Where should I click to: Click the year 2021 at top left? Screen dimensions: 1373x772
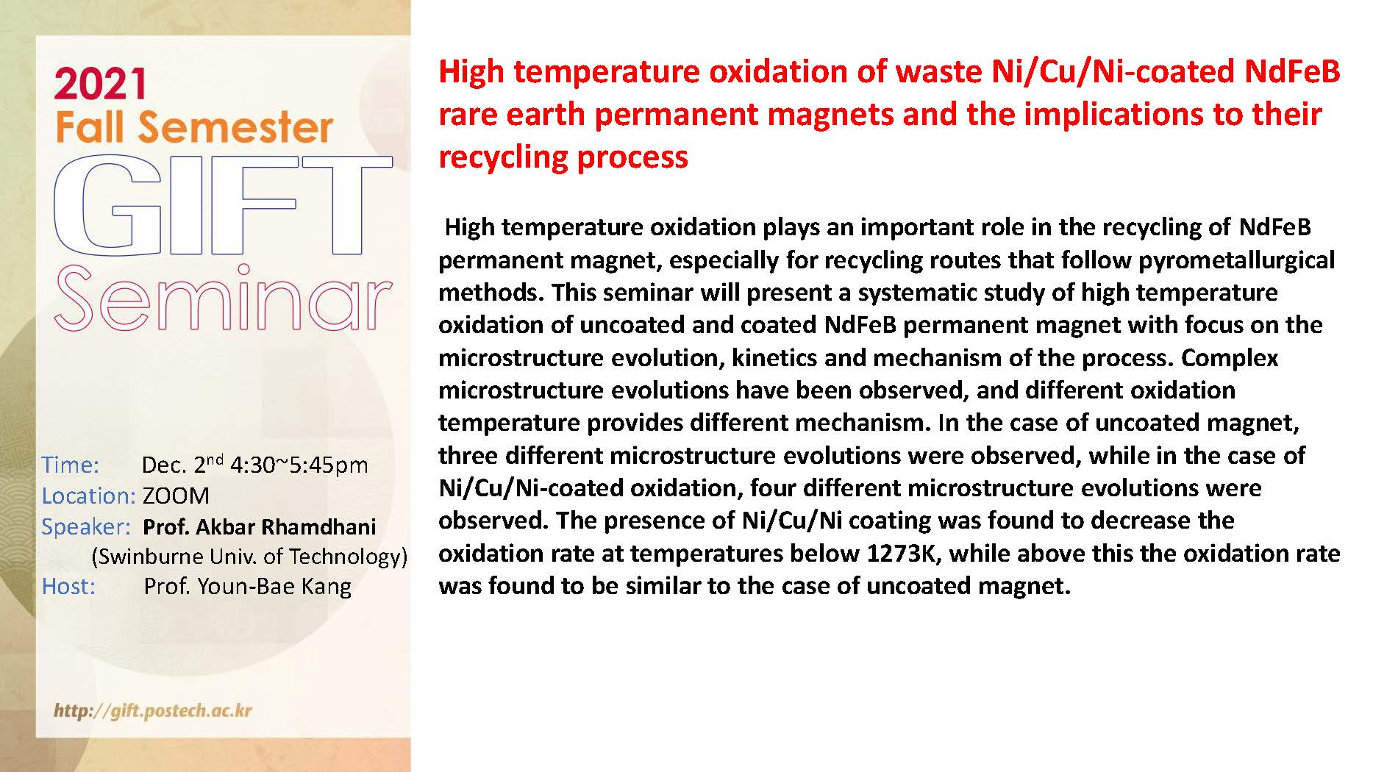click(100, 84)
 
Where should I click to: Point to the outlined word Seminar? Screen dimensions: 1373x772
click(223, 297)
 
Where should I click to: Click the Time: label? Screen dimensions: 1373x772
click(70, 465)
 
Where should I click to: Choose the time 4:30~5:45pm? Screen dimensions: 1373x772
click(299, 465)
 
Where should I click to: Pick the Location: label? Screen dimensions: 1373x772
click(88, 496)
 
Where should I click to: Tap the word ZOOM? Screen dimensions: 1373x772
click(176, 496)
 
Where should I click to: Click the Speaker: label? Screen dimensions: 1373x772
click(85, 527)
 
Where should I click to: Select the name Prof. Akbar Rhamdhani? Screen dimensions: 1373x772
click(259, 526)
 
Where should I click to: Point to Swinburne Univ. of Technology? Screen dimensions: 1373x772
click(249, 557)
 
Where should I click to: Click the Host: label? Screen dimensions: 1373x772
click(68, 586)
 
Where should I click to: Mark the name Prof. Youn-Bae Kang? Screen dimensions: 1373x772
click(247, 587)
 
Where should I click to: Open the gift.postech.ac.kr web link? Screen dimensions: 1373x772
click(153, 711)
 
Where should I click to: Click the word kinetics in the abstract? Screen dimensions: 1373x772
click(774, 358)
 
